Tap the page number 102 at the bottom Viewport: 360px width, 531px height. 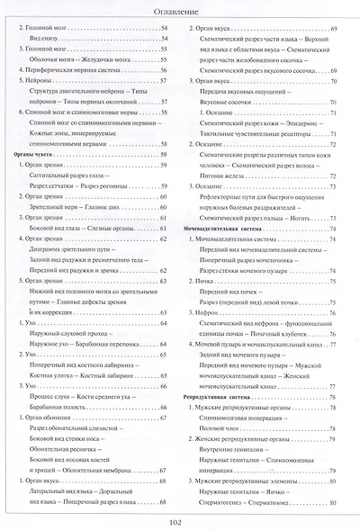179,519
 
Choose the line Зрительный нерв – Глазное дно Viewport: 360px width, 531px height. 80,206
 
